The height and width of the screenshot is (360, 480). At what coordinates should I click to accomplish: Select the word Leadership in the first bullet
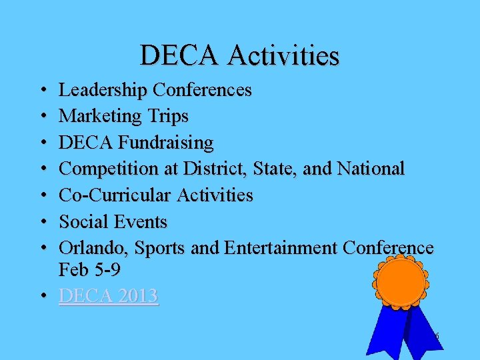[x=103, y=90]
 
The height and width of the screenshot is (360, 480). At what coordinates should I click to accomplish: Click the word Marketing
[x=100, y=116]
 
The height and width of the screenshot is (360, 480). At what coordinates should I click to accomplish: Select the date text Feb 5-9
[x=89, y=270]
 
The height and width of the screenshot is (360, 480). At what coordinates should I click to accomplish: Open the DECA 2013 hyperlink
[x=109, y=296]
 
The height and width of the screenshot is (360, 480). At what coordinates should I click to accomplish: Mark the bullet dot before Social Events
[x=42, y=222]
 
